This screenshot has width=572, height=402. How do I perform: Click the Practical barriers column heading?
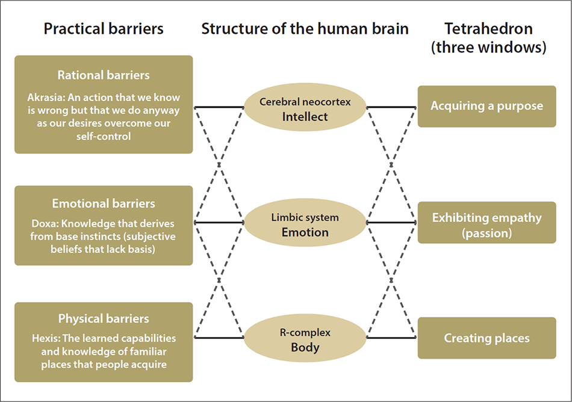click(103, 29)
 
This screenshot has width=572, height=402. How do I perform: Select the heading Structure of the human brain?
click(305, 29)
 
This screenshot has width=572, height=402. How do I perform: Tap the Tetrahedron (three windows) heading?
click(488, 38)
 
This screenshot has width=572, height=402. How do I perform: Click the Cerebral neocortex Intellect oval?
click(305, 109)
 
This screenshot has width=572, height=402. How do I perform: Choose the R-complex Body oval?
click(305, 339)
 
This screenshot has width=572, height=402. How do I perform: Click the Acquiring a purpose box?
click(487, 107)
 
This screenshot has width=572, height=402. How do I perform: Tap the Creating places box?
click(487, 338)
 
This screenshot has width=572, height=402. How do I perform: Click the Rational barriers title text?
click(104, 75)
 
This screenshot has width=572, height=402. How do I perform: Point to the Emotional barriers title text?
click(104, 203)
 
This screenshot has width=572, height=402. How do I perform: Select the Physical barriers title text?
click(104, 319)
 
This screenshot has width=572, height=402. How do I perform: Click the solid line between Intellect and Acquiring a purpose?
click(391, 107)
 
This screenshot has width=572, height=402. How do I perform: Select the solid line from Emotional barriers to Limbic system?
click(219, 223)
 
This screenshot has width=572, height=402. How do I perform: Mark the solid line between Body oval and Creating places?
click(391, 338)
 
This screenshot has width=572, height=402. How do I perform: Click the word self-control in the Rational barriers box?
click(104, 137)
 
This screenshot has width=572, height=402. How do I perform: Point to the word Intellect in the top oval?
click(305, 117)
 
